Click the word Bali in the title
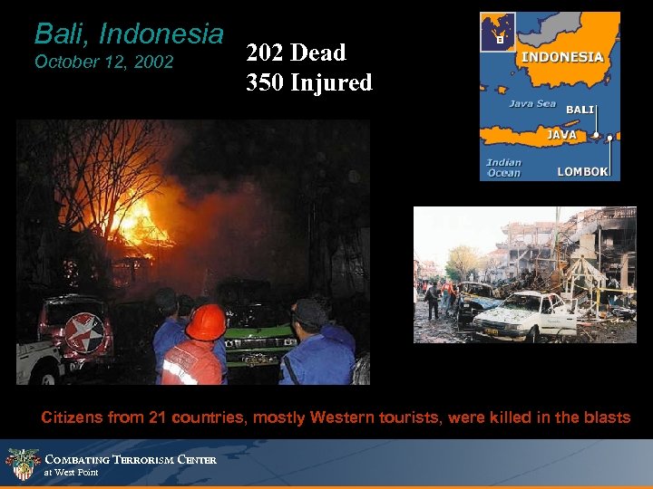(63, 34)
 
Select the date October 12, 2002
(102, 63)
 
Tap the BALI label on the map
(580, 110)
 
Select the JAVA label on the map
(561, 134)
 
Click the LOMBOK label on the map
(582, 171)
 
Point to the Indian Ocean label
(504, 168)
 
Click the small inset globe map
(498, 31)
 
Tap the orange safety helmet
(206, 321)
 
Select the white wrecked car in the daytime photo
(526, 314)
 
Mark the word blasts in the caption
(609, 417)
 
